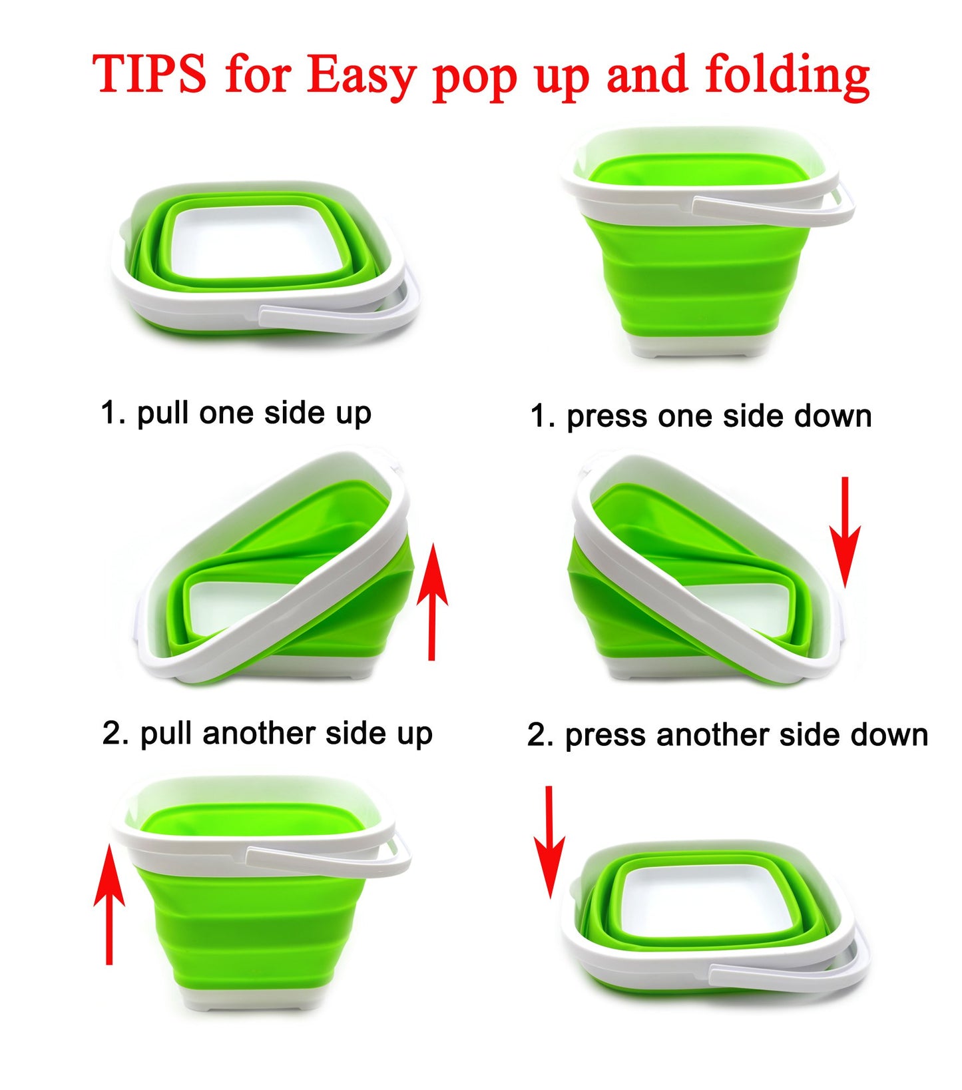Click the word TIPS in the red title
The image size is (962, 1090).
point(150,74)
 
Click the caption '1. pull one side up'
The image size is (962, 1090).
point(236,413)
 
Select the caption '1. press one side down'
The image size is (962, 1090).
point(700,417)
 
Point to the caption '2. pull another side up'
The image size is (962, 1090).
point(268,734)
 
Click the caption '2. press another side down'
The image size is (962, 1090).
point(727,736)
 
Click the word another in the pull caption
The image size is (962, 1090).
point(259,734)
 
